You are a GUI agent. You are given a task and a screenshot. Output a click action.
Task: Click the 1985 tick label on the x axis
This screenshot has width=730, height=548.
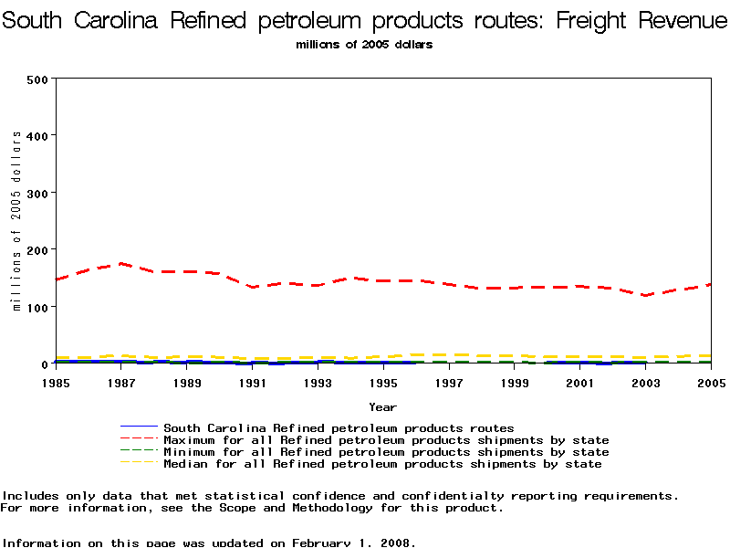(56, 383)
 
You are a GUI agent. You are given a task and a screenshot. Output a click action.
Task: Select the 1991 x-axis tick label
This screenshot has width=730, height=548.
(253, 383)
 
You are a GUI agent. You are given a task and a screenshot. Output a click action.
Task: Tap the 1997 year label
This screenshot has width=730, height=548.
(449, 383)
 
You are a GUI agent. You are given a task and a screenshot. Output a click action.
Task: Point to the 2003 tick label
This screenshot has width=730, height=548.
(645, 383)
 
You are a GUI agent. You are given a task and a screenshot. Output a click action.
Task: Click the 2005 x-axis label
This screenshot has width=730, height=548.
(711, 383)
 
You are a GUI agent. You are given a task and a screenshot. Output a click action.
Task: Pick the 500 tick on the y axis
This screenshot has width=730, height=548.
(36, 79)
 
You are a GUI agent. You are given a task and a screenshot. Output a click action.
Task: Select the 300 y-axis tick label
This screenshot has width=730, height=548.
(36, 193)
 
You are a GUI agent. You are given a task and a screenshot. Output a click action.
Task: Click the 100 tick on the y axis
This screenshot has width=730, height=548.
(36, 307)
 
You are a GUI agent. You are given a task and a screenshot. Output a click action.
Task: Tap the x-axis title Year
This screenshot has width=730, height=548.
(382, 406)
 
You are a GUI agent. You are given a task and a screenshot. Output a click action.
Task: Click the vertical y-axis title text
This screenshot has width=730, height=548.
(16, 221)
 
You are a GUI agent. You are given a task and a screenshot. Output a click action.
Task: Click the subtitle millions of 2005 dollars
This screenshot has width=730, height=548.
(364, 44)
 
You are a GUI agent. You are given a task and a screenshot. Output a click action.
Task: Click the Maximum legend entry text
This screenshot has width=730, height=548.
(386, 440)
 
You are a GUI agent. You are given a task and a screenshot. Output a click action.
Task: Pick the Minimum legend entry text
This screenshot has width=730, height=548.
(386, 452)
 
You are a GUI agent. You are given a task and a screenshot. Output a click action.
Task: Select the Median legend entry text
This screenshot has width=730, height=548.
(382, 464)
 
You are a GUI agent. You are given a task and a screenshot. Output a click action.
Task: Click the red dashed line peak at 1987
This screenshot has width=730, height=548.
(121, 264)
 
